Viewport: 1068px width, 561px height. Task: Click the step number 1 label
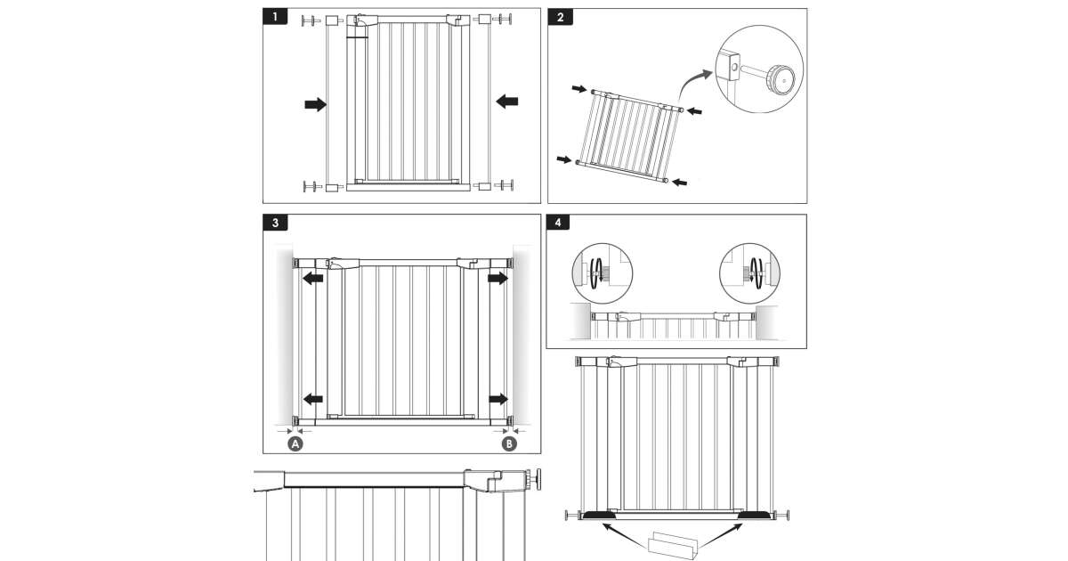(276, 17)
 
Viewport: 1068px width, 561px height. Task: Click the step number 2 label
(561, 17)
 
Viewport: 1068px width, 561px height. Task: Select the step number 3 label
(276, 223)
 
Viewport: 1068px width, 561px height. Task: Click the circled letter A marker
(295, 443)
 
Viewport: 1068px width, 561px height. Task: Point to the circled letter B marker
(509, 443)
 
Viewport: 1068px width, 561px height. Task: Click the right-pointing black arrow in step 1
(315, 104)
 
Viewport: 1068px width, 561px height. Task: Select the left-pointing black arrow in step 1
(507, 102)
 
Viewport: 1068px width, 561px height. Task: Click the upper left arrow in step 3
(311, 279)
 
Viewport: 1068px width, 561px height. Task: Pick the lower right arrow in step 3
(498, 399)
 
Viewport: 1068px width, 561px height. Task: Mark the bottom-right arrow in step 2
(679, 182)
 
